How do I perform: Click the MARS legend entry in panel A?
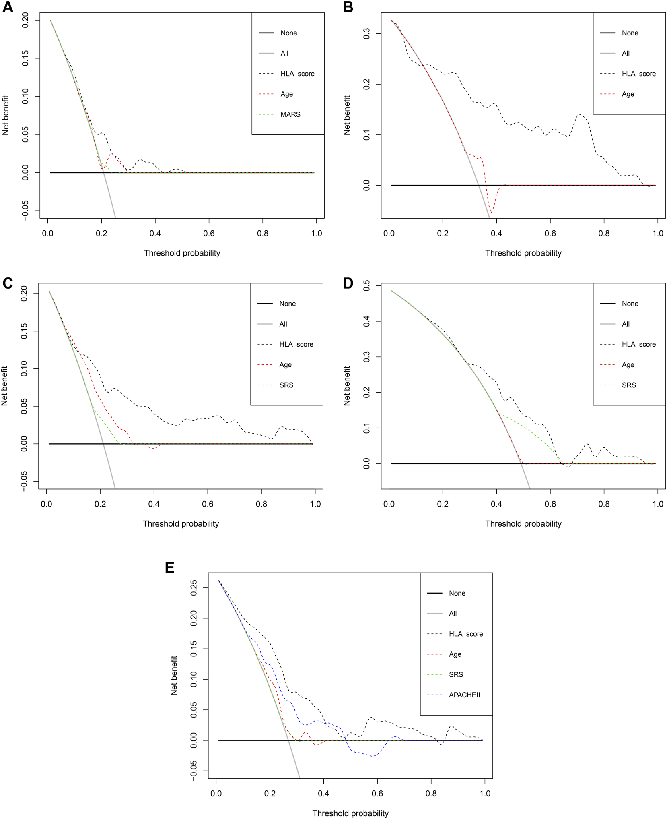coord(290,114)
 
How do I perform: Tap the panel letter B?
coord(348,7)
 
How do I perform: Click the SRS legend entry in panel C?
coord(286,385)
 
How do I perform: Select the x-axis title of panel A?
coord(182,253)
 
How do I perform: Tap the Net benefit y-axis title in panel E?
coord(174,675)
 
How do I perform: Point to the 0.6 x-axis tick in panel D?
coord(550,504)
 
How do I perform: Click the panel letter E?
coord(170,567)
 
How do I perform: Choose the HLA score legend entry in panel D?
coord(638,344)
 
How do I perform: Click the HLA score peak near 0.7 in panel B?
coord(580,114)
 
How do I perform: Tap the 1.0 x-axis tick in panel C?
coord(315,504)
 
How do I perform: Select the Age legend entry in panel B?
coord(628,94)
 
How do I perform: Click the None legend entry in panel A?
coord(288,33)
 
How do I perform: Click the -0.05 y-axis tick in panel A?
coord(25,210)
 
